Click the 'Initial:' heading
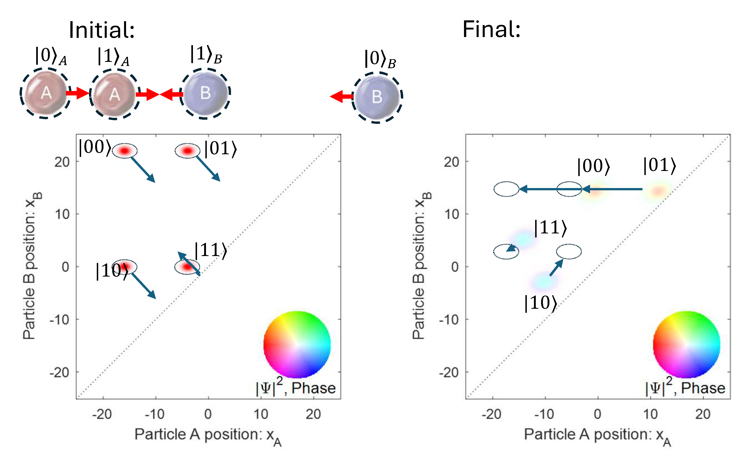point(102,30)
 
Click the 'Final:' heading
point(491,29)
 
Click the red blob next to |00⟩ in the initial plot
point(124,151)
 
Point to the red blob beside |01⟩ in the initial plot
point(187,151)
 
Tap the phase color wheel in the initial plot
point(297,345)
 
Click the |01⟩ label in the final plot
point(659,166)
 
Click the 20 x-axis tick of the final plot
point(703,414)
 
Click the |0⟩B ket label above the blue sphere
point(380,59)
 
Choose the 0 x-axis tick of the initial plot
point(208,414)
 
